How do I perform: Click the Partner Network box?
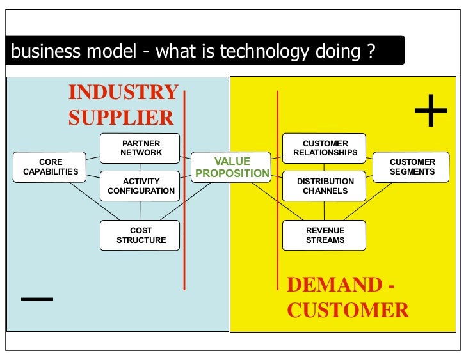click(141, 148)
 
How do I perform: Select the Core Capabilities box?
click(51, 167)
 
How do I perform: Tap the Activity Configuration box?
click(141, 186)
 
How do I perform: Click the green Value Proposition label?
click(232, 167)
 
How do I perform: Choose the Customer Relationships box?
click(325, 148)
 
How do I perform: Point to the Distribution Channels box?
click(325, 186)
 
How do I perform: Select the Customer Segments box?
click(412, 167)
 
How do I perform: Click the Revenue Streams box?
click(325, 235)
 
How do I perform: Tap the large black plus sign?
click(431, 113)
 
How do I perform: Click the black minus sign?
click(36, 299)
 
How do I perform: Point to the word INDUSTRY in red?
click(123, 93)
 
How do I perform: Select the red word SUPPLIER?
click(120, 118)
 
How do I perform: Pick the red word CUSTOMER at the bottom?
click(348, 310)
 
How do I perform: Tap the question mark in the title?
click(371, 52)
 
